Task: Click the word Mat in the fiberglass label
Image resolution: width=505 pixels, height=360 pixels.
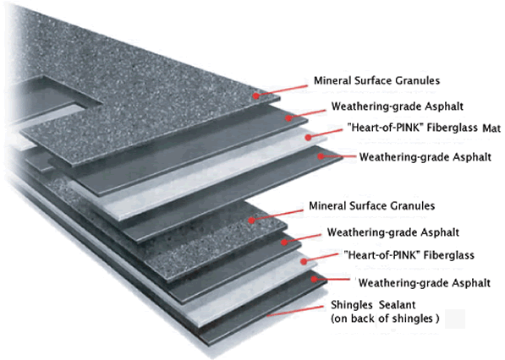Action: click(491, 128)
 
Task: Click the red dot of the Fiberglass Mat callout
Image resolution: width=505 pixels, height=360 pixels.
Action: click(308, 138)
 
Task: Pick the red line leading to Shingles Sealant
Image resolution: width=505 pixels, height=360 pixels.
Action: click(295, 311)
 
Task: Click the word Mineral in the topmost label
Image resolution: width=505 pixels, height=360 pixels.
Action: click(332, 80)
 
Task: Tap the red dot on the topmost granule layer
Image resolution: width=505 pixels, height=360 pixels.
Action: click(255, 95)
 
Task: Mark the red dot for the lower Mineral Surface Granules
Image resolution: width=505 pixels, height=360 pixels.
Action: click(251, 221)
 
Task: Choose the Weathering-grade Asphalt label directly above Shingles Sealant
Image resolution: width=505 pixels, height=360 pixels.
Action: click(425, 283)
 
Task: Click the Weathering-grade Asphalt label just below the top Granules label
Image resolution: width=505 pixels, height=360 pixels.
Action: click(397, 106)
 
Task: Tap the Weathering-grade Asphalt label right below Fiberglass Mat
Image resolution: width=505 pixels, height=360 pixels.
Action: click(425, 157)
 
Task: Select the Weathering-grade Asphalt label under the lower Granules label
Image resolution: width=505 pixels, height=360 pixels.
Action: click(393, 232)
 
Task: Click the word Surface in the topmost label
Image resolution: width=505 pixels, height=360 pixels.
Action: click(373, 80)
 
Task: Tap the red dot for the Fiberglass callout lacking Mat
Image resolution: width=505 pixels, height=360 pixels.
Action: click(304, 262)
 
